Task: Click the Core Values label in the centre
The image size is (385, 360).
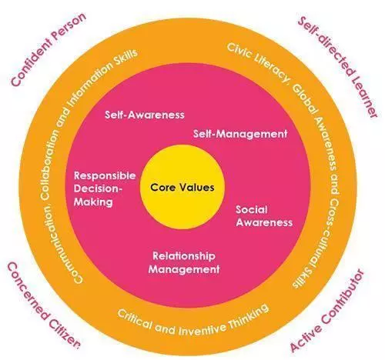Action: [182, 187]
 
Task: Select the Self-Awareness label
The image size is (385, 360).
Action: [145, 115]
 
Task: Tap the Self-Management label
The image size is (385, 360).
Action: [240, 134]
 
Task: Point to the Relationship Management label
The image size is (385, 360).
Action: [184, 262]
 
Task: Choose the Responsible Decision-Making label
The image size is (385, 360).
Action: [105, 188]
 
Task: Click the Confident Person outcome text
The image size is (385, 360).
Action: [49, 50]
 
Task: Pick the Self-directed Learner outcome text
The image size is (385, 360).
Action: [337, 67]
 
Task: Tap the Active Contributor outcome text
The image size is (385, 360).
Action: [327, 311]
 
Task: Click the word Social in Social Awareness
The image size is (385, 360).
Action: [252, 210]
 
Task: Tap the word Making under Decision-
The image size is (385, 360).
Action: [93, 202]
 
